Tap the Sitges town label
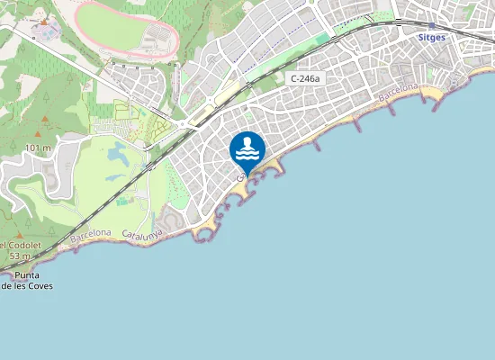pos(432,38)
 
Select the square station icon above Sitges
pos(431,26)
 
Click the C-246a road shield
pos(304,79)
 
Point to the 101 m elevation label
pos(38,148)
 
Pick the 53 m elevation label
pos(20,256)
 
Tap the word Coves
pos(40,286)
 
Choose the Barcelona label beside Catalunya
pos(91,235)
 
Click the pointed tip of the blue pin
pos(247,176)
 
